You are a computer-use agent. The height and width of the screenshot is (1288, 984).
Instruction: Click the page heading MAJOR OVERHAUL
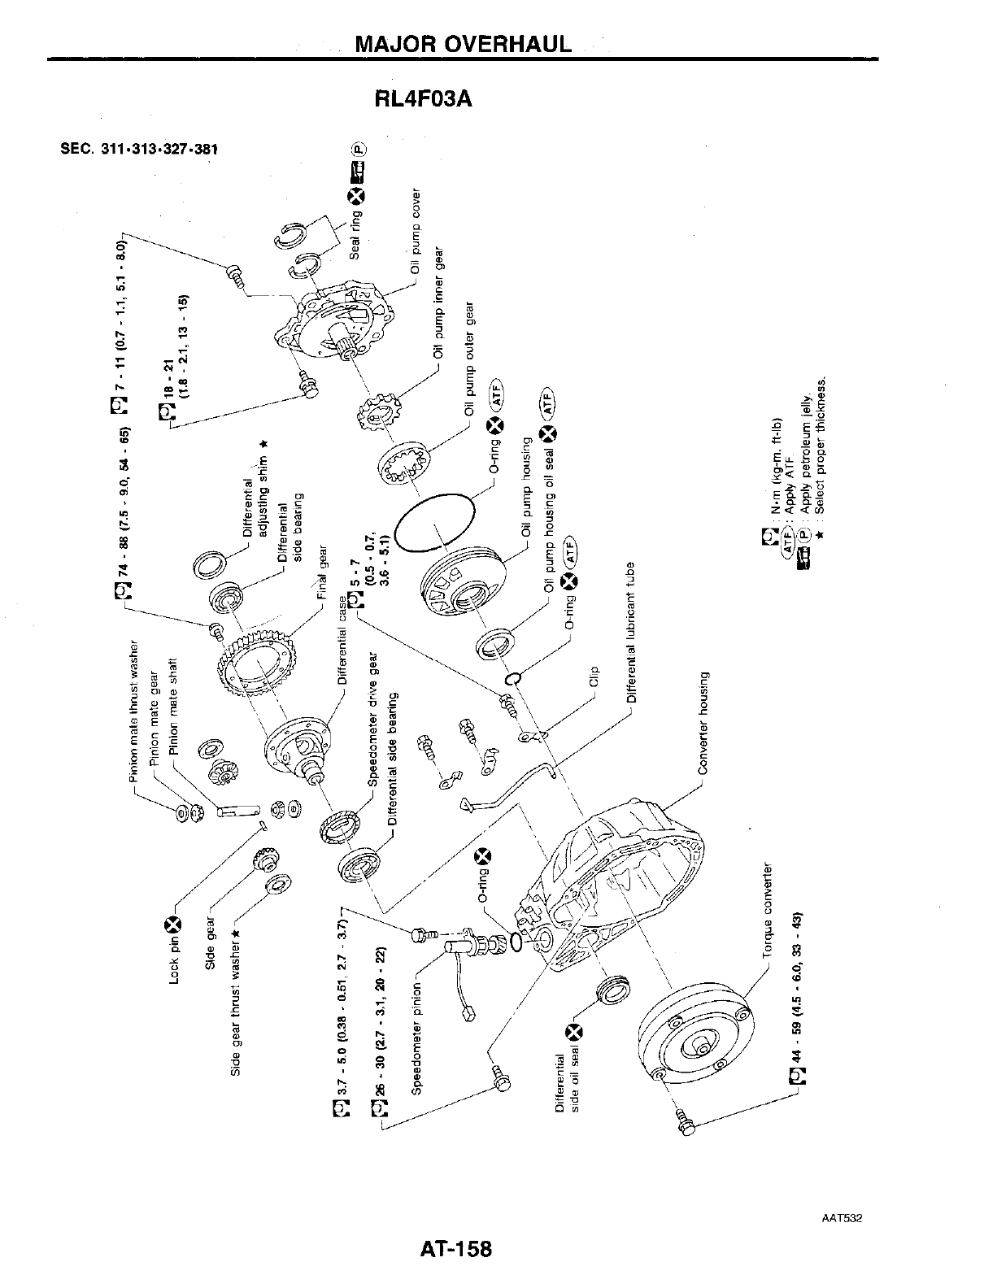pyautogui.click(x=463, y=42)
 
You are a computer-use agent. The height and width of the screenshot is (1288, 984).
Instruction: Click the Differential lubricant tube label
pyautogui.click(x=631, y=631)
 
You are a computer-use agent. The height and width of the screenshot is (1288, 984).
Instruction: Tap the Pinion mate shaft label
pyautogui.click(x=172, y=707)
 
